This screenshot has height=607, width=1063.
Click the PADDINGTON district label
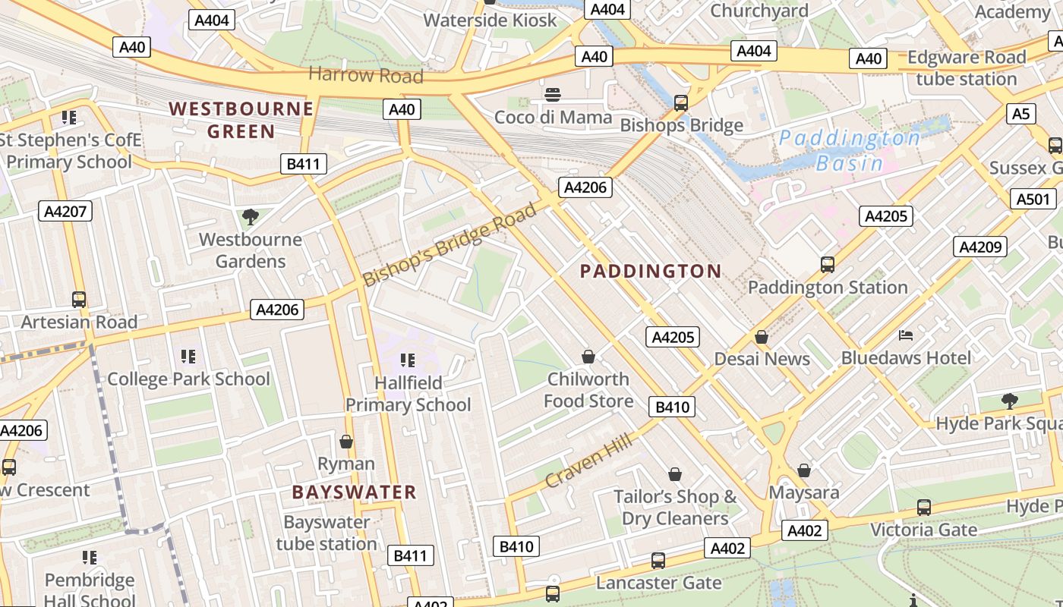[x=651, y=271]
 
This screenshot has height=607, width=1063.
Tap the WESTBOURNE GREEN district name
[x=241, y=120]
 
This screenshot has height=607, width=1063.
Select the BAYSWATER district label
[x=355, y=492]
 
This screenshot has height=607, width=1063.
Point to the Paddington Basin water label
[x=850, y=150]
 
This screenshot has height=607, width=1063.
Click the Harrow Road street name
[x=365, y=75]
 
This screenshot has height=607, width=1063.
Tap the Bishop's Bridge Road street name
[x=449, y=244]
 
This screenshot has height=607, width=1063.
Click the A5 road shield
[x=1021, y=114]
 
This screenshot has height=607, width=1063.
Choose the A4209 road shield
[x=980, y=247]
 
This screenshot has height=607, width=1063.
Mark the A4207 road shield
[x=65, y=211]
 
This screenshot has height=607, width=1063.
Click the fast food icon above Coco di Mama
[x=553, y=95]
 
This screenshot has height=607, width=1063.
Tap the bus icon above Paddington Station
[x=828, y=265]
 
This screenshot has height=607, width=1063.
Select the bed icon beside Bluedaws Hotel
[x=906, y=335]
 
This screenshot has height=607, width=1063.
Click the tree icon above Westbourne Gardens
[x=250, y=218]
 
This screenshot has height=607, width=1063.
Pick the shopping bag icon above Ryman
[x=346, y=441]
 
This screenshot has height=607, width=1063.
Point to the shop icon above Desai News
[x=762, y=336]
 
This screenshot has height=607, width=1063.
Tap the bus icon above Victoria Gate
[x=923, y=507]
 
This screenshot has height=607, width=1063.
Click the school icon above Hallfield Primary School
[x=408, y=360]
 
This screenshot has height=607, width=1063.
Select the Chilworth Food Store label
[x=588, y=390]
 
